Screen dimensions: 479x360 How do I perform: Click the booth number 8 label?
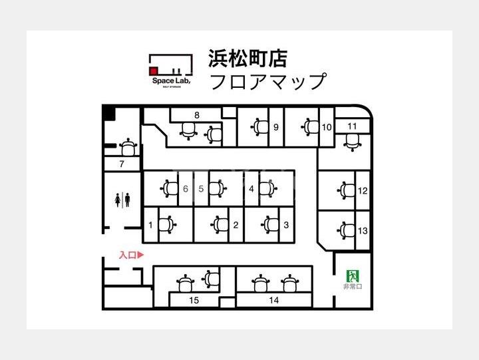point(197,115)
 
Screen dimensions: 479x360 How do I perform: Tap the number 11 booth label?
point(352,126)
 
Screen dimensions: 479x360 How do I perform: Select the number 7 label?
point(122,164)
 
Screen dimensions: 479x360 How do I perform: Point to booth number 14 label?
point(273,300)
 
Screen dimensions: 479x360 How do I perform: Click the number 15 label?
point(194,300)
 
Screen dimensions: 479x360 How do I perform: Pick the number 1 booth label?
point(150,225)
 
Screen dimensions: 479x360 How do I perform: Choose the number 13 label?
point(363,230)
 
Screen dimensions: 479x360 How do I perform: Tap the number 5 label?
point(201,188)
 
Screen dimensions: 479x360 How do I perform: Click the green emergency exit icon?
point(353,276)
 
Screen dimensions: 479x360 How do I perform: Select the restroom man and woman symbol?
point(122,200)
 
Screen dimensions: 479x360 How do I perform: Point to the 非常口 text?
point(353,287)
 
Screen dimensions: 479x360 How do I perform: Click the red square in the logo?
point(153,71)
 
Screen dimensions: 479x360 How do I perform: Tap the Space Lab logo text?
point(171,81)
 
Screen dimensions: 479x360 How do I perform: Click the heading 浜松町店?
point(247,59)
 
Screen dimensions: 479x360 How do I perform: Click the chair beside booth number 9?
point(259,126)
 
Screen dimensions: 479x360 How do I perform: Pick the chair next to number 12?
point(346,190)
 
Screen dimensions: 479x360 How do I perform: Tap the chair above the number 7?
point(128,147)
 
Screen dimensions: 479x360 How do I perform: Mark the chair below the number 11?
point(352,142)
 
